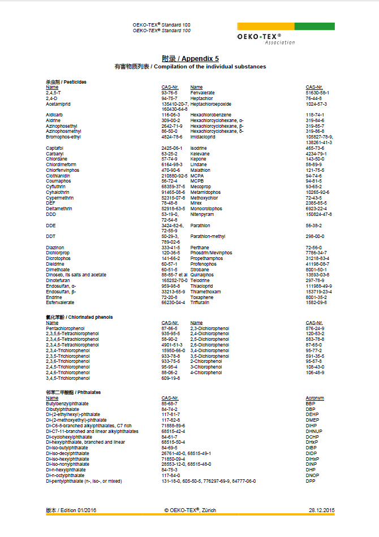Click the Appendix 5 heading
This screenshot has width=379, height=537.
(x=190, y=58)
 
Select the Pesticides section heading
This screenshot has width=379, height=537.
(x=66, y=82)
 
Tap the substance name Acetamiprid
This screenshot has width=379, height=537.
(x=58, y=104)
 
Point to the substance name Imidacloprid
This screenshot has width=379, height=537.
(x=203, y=137)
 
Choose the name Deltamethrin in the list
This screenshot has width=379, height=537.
(x=59, y=209)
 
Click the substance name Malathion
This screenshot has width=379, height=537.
(x=200, y=170)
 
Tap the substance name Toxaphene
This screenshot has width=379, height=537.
(x=202, y=297)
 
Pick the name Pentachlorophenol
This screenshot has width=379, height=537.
(x=65, y=328)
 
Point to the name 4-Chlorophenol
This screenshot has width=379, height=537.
(x=206, y=373)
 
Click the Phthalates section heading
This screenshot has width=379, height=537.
(x=73, y=392)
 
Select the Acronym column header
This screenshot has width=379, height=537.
(x=315, y=398)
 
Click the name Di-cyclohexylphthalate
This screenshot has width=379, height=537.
(x=69, y=437)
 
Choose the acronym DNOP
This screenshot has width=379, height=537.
(x=312, y=475)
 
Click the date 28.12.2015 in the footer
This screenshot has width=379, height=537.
(x=321, y=510)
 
